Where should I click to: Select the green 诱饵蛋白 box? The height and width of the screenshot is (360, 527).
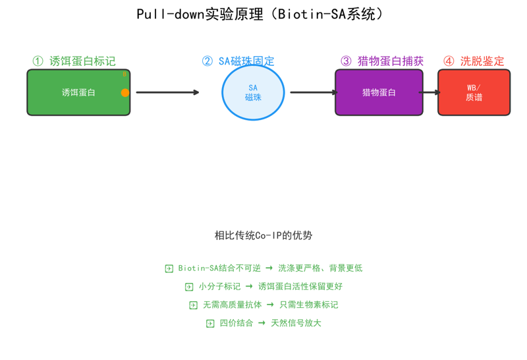78,92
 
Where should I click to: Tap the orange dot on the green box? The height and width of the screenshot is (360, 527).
125,92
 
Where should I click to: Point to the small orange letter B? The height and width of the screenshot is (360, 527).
125,74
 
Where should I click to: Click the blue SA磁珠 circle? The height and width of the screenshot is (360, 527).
253,92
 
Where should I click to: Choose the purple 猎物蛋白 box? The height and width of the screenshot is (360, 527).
379,92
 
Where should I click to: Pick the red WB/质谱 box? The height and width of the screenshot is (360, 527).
474,92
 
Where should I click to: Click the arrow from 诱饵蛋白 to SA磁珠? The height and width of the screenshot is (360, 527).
167,92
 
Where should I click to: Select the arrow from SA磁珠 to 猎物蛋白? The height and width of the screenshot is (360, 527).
314,92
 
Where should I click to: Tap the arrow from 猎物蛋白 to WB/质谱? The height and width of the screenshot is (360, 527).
430,92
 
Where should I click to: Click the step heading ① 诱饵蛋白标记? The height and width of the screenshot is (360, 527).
74,61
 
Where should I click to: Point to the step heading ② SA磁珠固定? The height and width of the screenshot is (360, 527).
238,61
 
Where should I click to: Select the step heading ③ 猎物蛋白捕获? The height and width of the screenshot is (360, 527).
382,61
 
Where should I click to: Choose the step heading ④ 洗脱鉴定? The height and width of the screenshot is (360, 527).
474,61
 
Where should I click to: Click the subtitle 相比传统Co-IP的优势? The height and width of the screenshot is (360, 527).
263,235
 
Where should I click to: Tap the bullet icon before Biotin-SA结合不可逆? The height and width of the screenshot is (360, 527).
169,268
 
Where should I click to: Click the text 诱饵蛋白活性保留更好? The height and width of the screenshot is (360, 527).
300,286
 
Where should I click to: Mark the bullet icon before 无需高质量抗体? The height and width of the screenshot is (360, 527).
193,305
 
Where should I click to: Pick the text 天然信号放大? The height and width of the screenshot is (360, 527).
296,323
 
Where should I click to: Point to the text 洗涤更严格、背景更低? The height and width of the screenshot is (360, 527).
320,268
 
